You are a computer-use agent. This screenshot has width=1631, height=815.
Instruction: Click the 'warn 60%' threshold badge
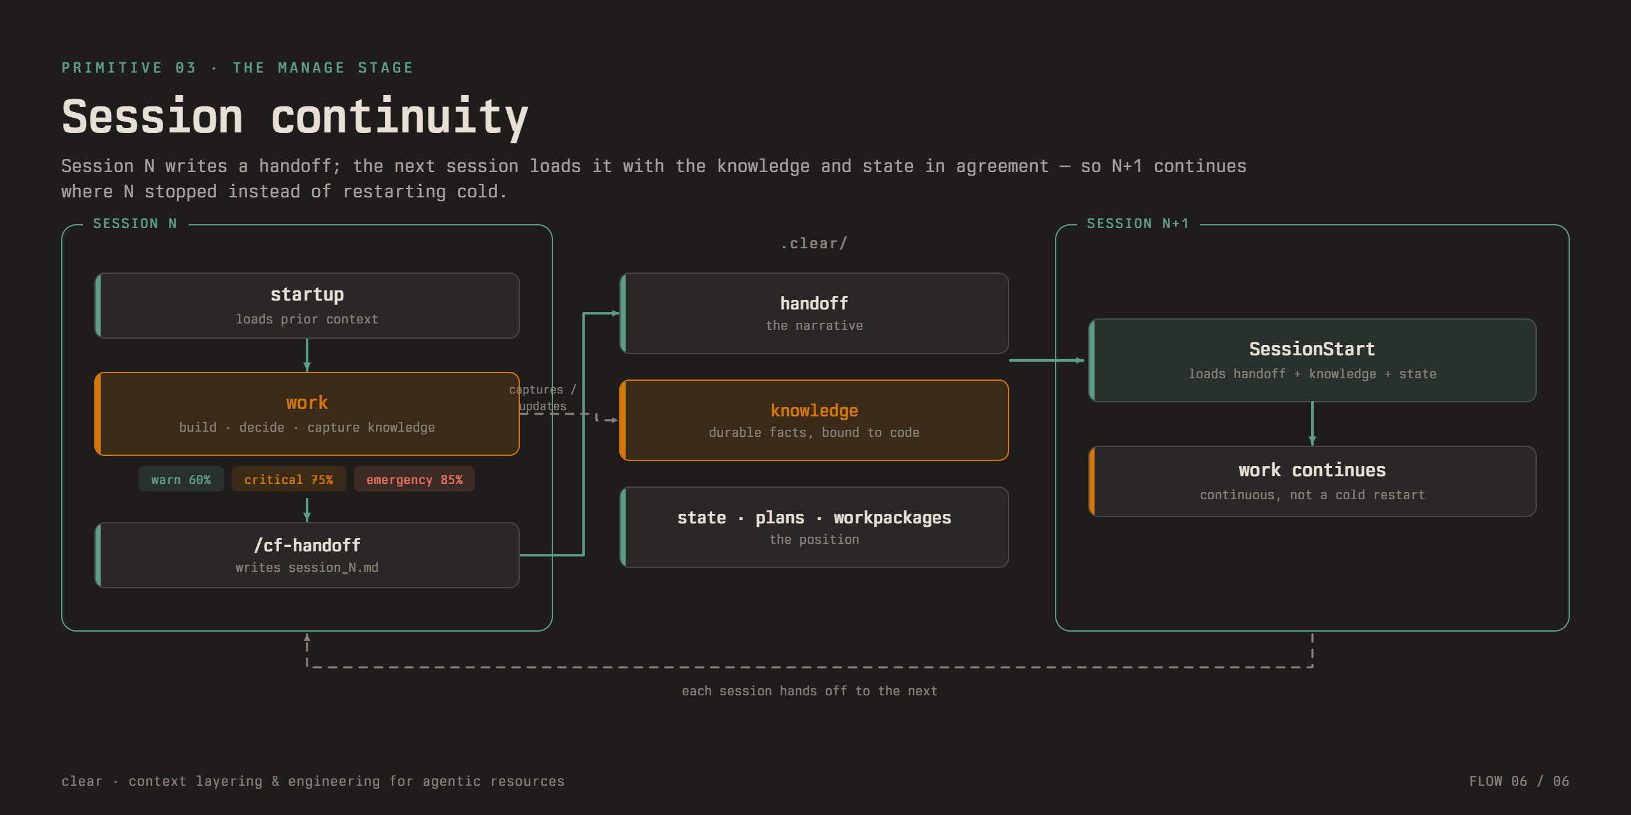point(181,479)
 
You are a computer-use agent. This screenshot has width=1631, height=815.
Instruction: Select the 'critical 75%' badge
point(289,479)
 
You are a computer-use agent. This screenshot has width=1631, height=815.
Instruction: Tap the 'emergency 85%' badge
point(414,479)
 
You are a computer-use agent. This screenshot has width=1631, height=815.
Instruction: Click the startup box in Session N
point(307,306)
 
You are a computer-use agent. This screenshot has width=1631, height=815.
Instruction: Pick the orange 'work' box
point(307,414)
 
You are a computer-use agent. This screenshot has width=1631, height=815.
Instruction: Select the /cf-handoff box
point(307,555)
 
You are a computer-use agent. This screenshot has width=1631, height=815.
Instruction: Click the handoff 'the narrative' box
point(814,313)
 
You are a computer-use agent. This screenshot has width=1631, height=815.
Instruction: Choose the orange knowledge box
point(814,420)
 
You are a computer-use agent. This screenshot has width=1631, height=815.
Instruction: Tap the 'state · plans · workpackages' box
point(814,527)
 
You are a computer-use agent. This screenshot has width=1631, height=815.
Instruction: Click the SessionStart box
point(1312,360)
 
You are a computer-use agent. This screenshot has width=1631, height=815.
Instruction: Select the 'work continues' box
point(1312,481)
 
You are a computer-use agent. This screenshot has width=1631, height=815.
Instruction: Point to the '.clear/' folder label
point(814,243)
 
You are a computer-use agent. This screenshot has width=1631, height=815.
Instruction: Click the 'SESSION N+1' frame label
point(1138,223)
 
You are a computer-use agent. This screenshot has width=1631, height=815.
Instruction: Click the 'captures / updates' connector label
point(543,398)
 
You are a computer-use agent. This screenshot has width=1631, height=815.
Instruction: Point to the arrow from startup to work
point(307,355)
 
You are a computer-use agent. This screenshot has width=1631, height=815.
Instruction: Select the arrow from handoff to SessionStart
point(1047,360)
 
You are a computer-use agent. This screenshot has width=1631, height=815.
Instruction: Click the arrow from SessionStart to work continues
point(1312,424)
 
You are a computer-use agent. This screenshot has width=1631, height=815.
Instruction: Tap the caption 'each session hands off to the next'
point(809,691)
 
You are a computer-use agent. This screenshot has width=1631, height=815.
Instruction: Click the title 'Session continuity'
point(295,117)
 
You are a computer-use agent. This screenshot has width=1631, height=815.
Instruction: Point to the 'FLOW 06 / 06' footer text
point(1519,781)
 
